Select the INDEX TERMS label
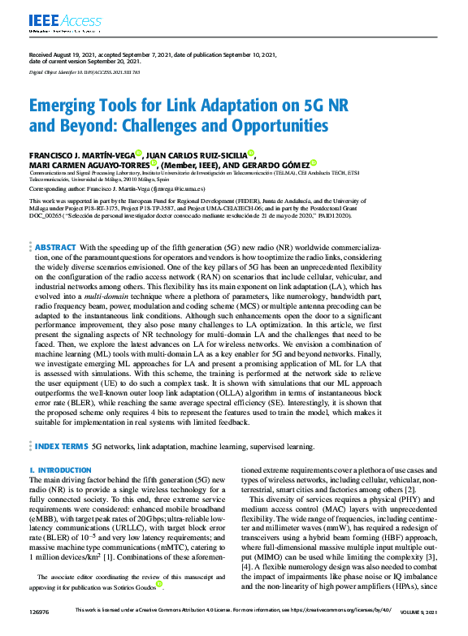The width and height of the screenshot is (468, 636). point(61,446)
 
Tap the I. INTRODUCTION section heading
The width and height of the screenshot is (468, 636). point(60,470)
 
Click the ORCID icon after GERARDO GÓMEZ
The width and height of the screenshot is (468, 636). point(314,162)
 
